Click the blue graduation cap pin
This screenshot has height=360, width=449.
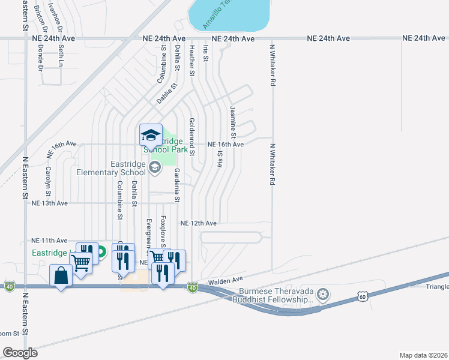click(x=151, y=135)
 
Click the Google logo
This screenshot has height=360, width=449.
click(x=20, y=353)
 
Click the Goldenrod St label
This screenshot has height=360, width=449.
click(x=192, y=137)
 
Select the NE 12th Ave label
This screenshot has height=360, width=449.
click(x=198, y=223)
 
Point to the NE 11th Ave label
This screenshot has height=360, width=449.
click(x=50, y=240)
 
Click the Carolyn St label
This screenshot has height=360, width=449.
click(x=48, y=179)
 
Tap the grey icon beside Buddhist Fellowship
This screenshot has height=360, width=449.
click(x=324, y=294)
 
